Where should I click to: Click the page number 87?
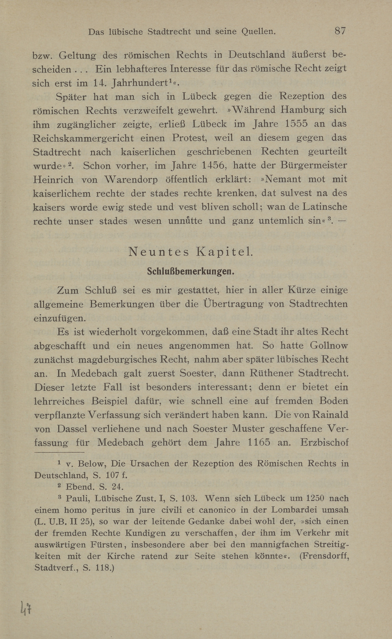340,31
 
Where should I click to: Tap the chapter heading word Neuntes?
159,252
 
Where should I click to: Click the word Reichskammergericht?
83,138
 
